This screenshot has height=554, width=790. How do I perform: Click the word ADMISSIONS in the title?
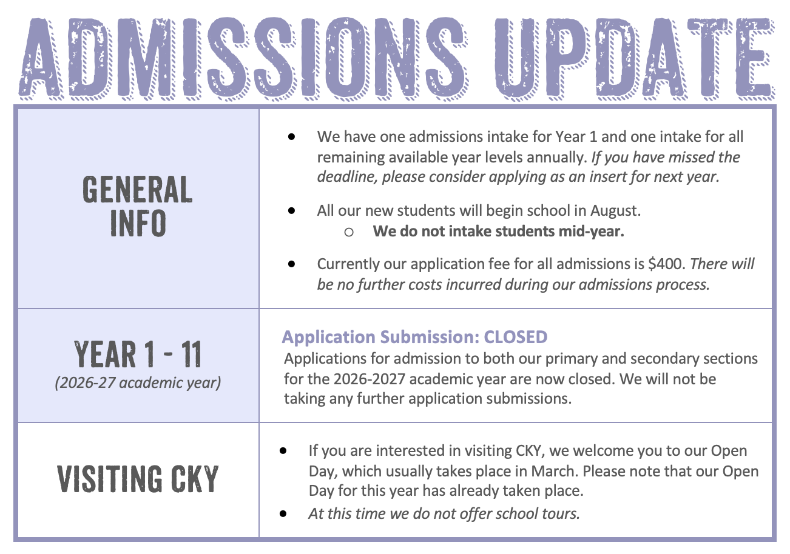point(243,58)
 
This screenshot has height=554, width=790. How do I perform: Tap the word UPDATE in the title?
point(635,58)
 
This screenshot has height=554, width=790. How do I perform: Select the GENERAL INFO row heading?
point(138,207)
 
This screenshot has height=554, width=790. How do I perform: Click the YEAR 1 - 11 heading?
point(138,355)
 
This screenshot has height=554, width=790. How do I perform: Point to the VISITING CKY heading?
point(138,479)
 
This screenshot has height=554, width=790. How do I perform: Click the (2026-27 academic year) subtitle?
point(138,382)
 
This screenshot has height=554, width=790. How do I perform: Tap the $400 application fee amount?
point(667,264)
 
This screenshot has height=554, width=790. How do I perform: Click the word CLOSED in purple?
point(516,337)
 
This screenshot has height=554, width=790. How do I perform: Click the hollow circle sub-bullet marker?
point(349,232)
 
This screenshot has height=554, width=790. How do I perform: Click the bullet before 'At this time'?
point(283,514)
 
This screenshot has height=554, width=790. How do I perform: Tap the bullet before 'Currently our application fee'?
point(291,264)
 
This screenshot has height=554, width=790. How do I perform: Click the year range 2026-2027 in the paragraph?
point(370,379)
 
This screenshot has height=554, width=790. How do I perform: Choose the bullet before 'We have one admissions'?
point(291,137)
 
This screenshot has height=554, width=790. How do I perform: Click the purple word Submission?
point(430,337)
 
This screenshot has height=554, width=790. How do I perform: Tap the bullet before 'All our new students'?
point(291,211)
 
